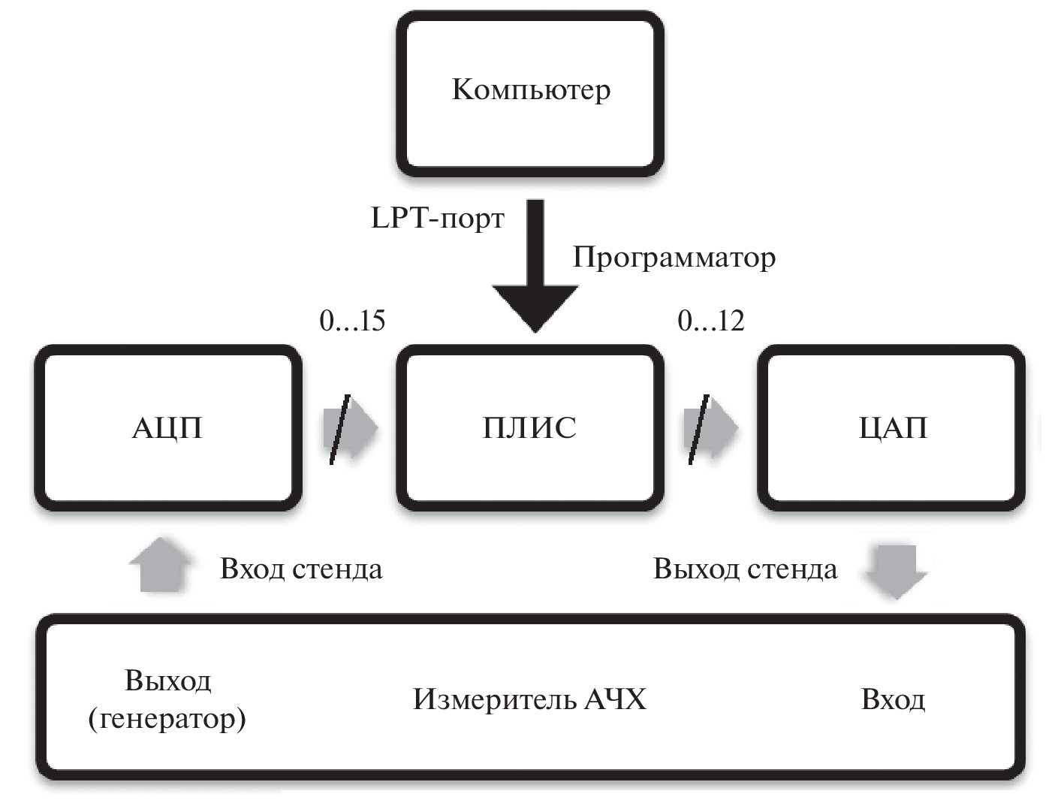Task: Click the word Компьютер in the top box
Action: point(531,89)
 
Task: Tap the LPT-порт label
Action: point(438,219)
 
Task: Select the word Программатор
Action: point(674,258)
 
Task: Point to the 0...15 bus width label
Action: point(352,321)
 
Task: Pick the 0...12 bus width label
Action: point(710,321)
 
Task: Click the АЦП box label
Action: point(167,428)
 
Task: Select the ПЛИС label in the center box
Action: point(529,428)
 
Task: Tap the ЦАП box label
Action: point(893,428)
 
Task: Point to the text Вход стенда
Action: point(301,569)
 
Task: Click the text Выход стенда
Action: point(745,569)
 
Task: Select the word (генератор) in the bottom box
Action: point(167,719)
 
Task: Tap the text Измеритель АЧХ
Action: point(529,699)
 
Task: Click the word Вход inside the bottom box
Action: point(893,699)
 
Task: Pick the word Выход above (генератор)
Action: point(167,681)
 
